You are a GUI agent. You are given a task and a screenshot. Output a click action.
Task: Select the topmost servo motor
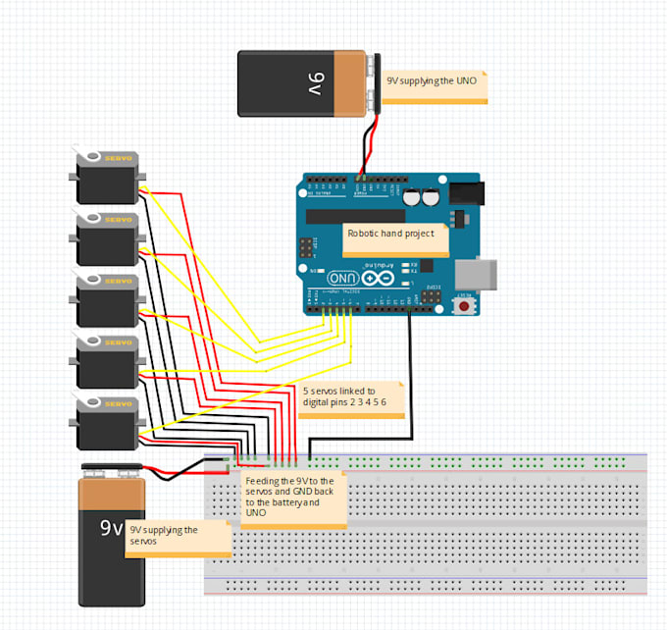[106, 176]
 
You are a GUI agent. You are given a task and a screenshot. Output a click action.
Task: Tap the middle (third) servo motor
[106, 299]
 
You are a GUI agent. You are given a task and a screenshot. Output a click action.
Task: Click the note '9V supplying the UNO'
[436, 83]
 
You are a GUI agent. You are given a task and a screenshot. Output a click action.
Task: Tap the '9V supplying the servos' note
[178, 538]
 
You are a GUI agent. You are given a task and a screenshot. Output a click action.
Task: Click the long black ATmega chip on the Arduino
[355, 216]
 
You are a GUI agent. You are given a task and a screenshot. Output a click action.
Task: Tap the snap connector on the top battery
[374, 83]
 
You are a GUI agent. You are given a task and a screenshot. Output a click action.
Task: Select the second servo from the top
[106, 237]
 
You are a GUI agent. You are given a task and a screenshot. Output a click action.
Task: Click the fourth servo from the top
[106, 361]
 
